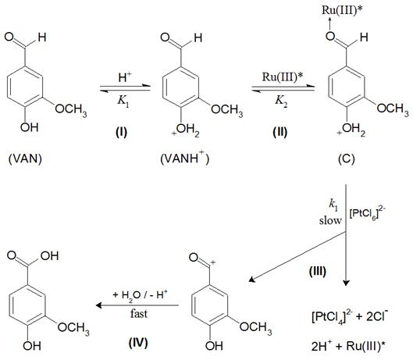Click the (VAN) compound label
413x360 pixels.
pos(25,159)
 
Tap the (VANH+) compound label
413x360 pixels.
pos(184,158)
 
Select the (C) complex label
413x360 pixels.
pos(347,159)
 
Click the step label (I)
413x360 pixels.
pos(122,132)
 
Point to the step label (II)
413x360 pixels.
pos(280,132)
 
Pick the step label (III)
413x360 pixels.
pos(318,272)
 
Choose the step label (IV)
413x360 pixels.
pos(138,343)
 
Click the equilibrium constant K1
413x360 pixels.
pos(123,102)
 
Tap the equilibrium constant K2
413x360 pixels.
pos(281,102)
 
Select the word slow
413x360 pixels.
pos(330,220)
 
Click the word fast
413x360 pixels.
pos(139,314)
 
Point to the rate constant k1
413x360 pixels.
pos(333,205)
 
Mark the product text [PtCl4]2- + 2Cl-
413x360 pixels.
pos(350,317)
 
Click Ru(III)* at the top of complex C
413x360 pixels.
pos(342,10)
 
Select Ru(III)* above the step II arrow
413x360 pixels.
pos(283,77)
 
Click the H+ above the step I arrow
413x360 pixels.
pos(125,77)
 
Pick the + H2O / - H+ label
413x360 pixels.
pos(140,294)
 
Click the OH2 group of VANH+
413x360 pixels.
pos(186,130)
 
